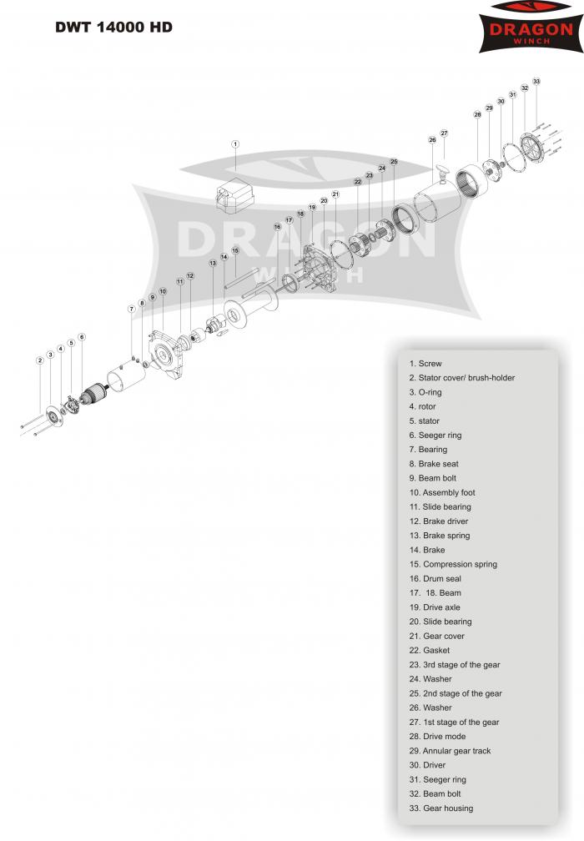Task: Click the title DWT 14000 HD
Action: coord(113,28)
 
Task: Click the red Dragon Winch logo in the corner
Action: coord(531,27)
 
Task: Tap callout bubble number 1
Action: coord(235,144)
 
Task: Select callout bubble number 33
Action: coord(536,82)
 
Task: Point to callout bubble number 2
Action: coord(40,360)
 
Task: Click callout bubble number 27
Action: coord(444,133)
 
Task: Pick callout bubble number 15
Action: coord(235,250)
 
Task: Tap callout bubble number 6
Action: coord(82,337)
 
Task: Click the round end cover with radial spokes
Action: coord(531,148)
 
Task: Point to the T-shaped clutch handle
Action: coord(442,174)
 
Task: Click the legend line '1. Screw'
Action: coord(425,364)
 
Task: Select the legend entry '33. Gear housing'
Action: coord(441,808)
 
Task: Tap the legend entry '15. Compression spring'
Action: coord(453,564)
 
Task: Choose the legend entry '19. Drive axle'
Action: coord(435,607)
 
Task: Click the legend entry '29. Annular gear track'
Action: coord(450,751)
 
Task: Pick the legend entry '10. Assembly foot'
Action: coord(442,492)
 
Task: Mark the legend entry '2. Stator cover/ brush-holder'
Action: coord(461,378)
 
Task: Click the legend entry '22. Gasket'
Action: coord(429,650)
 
